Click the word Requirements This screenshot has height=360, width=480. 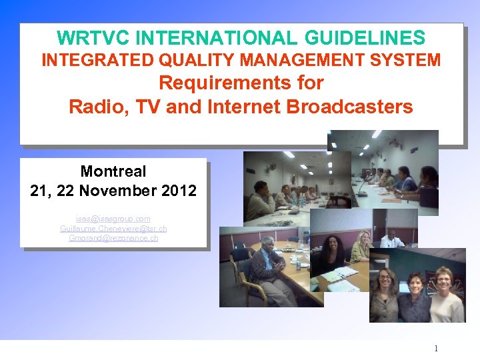tap(241, 83)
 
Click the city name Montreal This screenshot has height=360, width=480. tap(113, 171)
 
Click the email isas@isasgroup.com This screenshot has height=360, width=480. tap(113, 219)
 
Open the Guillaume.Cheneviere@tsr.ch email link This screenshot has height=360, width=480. tap(113, 229)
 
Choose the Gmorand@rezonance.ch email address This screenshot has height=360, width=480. tap(113, 238)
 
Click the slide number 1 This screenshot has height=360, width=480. tap(435, 349)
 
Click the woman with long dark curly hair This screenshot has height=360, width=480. tap(333, 253)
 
